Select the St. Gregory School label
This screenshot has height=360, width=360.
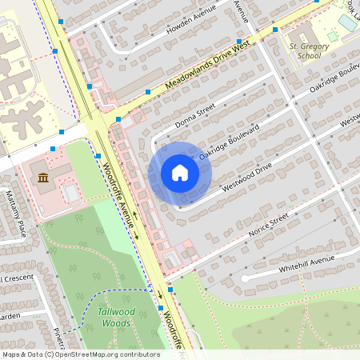[x=310, y=51]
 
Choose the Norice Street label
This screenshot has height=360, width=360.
[x=268, y=226]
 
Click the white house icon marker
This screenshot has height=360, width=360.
[x=180, y=173]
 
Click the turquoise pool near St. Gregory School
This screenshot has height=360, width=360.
[x=347, y=22]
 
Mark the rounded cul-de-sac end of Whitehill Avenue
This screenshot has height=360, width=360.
[x=246, y=278]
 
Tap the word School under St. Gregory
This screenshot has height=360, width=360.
[x=310, y=56]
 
